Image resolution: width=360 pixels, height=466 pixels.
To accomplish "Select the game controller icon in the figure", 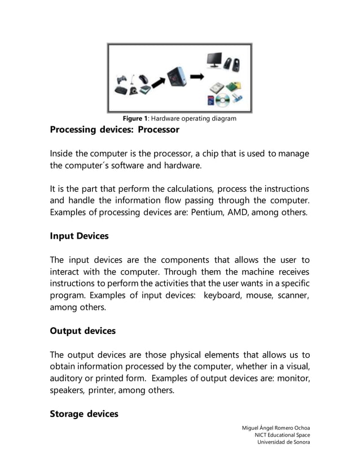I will pos(122,80).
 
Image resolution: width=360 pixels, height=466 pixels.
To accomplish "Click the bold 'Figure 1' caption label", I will pos(135,118).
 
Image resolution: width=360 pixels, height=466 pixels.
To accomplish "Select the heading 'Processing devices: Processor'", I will pos(115,130).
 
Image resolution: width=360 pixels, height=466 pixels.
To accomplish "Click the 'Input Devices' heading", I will pos(79,236).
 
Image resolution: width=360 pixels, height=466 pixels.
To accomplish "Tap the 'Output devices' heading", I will pos(82,331).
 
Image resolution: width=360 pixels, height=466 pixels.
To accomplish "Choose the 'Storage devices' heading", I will pos(84,414).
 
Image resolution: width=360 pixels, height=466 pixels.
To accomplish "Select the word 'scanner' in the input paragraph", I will pos(292,294).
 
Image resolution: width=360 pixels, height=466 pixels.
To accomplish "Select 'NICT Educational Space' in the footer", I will pos(282,434).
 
